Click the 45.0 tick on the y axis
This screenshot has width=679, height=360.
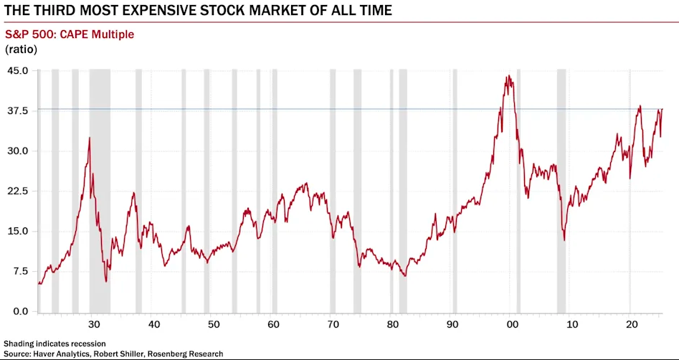click(18, 70)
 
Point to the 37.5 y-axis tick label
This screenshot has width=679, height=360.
click(18, 110)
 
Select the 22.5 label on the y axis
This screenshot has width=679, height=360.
click(18, 191)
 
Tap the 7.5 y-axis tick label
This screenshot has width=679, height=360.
click(20, 271)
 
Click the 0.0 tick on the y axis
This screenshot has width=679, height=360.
click(20, 311)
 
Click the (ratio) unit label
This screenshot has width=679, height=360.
click(21, 49)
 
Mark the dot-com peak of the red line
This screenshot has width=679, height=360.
click(508, 77)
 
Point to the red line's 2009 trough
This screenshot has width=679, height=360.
click(564, 240)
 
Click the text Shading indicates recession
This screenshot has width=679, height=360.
click(54, 344)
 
